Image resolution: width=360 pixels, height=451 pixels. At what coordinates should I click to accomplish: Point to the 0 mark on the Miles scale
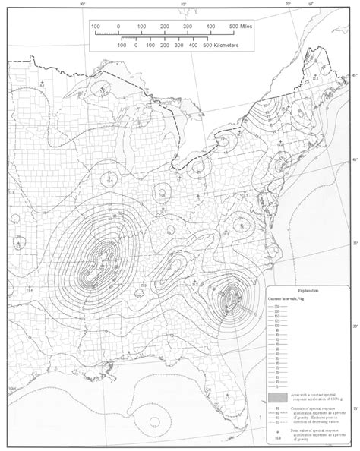pyautogui.click(x=119, y=27)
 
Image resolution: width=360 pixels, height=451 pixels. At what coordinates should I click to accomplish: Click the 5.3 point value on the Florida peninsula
pyautogui.click(x=227, y=396)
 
